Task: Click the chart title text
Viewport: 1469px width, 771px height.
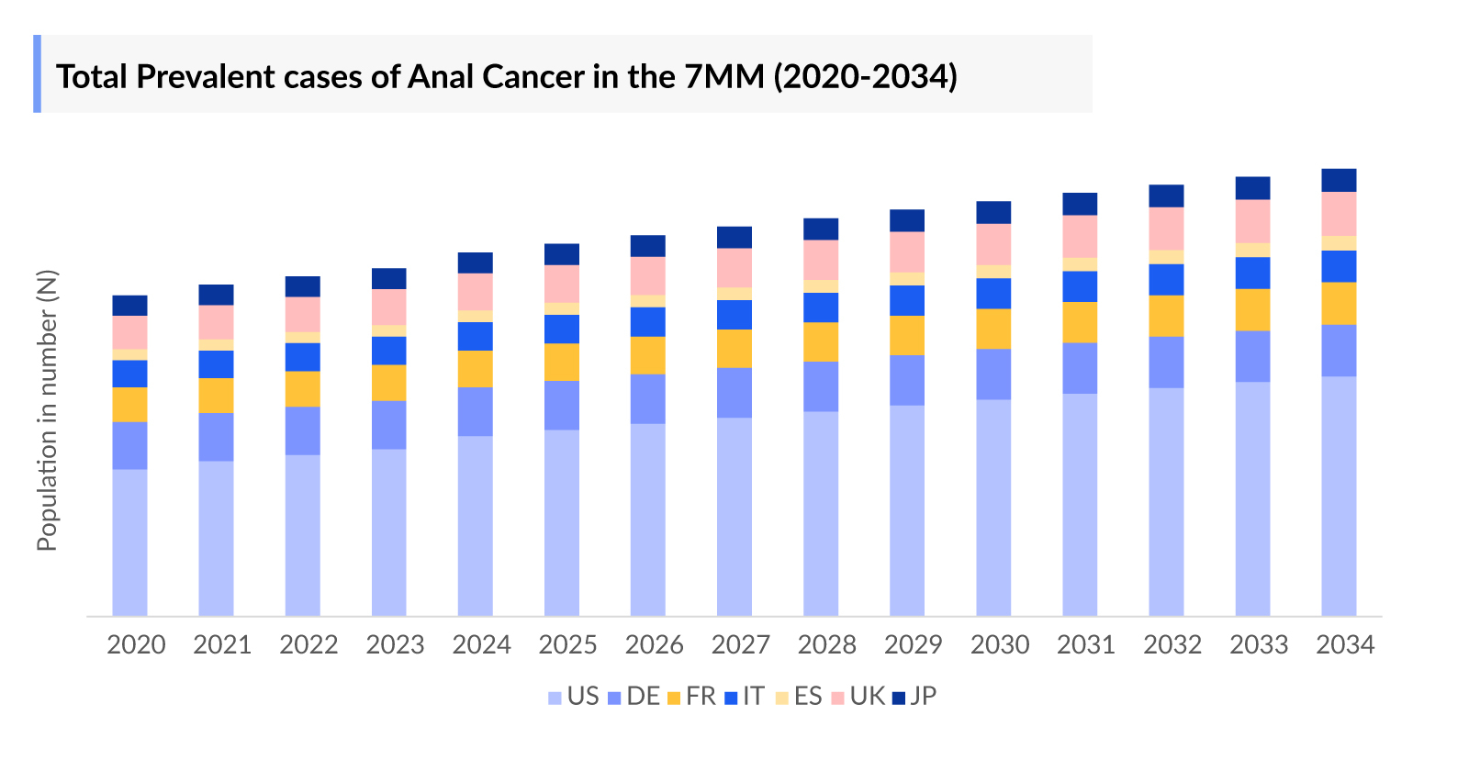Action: [506, 76]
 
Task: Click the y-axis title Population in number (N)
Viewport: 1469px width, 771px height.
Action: [47, 409]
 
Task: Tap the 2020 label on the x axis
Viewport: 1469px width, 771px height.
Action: [136, 645]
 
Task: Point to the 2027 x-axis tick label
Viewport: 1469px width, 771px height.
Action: [740, 645]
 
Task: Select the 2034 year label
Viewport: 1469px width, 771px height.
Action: [1344, 645]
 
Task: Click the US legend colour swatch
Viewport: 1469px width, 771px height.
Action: [555, 698]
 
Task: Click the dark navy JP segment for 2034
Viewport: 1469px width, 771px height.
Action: [1339, 180]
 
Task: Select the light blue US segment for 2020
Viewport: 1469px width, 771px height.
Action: [129, 542]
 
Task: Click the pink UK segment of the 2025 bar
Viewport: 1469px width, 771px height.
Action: [562, 284]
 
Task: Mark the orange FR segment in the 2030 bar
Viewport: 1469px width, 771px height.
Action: [993, 329]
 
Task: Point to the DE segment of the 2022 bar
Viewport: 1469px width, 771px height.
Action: [302, 430]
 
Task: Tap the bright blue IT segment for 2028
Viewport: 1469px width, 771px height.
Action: [821, 307]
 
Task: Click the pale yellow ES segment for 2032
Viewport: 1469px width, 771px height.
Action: [1166, 257]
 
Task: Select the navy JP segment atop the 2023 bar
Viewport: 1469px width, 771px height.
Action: [388, 278]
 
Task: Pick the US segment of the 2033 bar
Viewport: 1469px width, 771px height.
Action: [1252, 498]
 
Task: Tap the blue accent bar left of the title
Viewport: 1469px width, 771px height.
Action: [38, 73]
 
